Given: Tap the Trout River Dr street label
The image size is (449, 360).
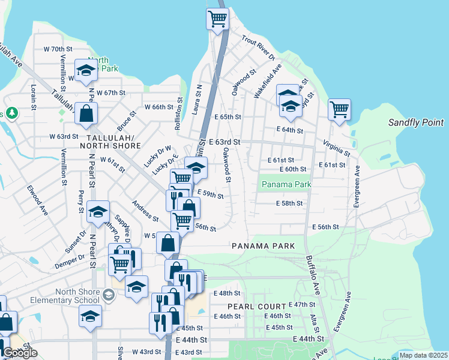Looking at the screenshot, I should (x=258, y=47).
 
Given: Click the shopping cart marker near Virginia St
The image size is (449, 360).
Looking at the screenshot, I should (x=339, y=110).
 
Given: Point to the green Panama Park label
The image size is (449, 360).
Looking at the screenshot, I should (x=287, y=184).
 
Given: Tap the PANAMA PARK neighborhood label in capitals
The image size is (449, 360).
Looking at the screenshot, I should (x=264, y=246).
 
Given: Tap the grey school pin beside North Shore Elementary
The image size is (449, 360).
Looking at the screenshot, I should (x=108, y=294).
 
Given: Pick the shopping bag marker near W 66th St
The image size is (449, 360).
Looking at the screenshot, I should (x=86, y=113).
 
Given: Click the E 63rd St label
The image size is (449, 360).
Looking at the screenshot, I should (x=224, y=142).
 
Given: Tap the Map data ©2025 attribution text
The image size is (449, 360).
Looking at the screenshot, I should (x=423, y=355).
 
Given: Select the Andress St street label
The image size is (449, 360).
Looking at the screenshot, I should (x=146, y=211).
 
